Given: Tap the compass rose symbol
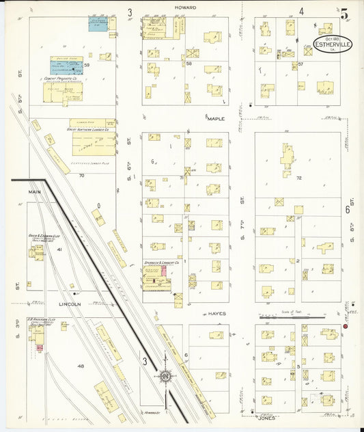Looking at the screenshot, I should pos(165,376).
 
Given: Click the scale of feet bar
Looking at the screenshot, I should pos(292,317).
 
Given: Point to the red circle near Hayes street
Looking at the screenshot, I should pos(346,326).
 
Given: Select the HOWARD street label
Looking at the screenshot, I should pos(185,8).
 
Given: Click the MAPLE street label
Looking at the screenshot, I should pos(216,118).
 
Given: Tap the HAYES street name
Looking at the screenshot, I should pos(216,313).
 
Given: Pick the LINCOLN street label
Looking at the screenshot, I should pos(69,303).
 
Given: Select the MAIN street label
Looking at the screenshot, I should pos(35,192).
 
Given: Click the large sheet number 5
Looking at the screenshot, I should pos(344,13).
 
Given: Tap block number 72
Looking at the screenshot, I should pos(299,178).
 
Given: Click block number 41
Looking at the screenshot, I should pos(59,249).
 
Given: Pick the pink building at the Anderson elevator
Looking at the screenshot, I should pos(39,349).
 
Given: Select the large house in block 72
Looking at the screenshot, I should pos(287,158).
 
